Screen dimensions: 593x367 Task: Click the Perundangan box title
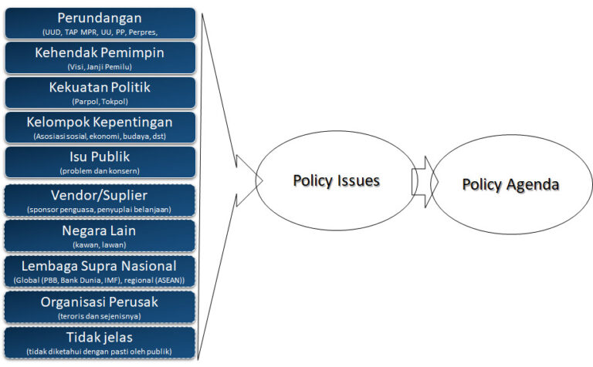click(x=100, y=19)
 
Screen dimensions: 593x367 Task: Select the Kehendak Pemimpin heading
click(x=100, y=53)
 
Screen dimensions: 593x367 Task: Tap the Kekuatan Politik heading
click(x=100, y=87)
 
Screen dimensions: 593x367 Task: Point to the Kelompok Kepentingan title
click(x=100, y=123)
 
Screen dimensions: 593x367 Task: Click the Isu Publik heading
click(x=100, y=157)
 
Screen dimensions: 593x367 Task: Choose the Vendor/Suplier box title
click(x=99, y=196)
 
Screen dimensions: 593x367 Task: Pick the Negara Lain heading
click(x=99, y=231)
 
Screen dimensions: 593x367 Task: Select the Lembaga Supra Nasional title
click(x=99, y=266)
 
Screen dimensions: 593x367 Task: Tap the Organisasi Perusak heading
click(x=100, y=302)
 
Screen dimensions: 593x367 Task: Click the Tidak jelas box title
click(x=100, y=337)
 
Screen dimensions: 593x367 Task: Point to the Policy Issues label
click(x=336, y=181)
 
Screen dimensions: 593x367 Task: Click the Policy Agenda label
click(x=510, y=184)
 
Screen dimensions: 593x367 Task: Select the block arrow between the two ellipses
click(x=425, y=182)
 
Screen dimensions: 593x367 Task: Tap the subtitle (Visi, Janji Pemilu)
click(x=100, y=67)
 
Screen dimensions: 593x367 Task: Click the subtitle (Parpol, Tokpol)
click(x=100, y=102)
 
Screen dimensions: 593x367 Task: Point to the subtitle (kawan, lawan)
click(x=100, y=245)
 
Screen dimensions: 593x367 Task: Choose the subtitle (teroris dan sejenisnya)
click(x=100, y=316)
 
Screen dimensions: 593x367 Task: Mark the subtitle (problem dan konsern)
click(x=100, y=171)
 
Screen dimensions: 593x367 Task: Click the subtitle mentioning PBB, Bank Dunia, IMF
click(x=99, y=281)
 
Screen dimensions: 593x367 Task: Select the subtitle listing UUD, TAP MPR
click(x=100, y=32)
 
